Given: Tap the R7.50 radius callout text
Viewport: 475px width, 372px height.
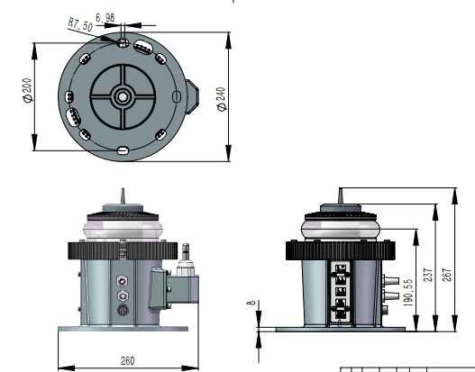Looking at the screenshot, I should pyautogui.click(x=81, y=23).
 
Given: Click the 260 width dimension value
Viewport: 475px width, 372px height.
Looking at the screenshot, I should pyautogui.click(x=126, y=360).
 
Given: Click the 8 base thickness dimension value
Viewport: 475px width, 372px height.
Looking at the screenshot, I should pyautogui.click(x=251, y=304).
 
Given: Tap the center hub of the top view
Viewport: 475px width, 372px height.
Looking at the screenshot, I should pyautogui.click(x=123, y=95).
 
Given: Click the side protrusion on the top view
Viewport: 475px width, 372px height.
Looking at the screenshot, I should pyautogui.click(x=192, y=95).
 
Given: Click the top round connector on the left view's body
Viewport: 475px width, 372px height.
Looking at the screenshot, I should pyautogui.click(x=123, y=279).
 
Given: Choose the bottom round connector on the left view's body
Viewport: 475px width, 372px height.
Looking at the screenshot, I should pyautogui.click(x=123, y=309).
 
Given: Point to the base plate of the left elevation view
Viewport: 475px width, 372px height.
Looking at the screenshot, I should pyautogui.click(x=126, y=328).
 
